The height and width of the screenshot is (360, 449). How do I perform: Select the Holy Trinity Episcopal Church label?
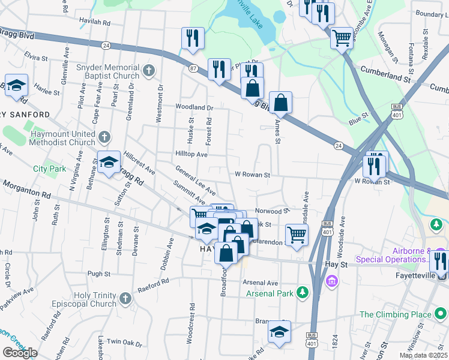pyautogui.click(x=95, y=299)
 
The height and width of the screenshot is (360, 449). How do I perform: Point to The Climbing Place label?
pyautogui.click(x=403, y=314)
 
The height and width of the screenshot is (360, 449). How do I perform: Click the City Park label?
pyautogui.click(x=49, y=169)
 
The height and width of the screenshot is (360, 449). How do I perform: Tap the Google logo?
pyautogui.click(x=20, y=353)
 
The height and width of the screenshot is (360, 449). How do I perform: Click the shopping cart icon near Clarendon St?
pyautogui.click(x=297, y=235)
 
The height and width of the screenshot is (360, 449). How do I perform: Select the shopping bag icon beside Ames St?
pyautogui.click(x=280, y=103)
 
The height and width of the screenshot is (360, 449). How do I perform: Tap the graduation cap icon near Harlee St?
pyautogui.click(x=17, y=85)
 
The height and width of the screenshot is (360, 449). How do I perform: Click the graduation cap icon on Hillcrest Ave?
pyautogui.click(x=109, y=162)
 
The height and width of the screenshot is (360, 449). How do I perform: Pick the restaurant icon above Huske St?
pyautogui.click(x=193, y=38)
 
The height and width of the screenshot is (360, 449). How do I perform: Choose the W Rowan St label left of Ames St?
pyautogui.click(x=253, y=175)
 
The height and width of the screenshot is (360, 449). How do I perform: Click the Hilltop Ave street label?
pyautogui.click(x=191, y=154)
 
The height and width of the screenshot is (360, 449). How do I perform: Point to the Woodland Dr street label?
pyautogui.click(x=194, y=107)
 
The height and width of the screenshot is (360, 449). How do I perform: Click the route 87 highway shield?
pyautogui.click(x=193, y=68)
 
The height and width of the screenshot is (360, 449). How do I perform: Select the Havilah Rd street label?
pyautogui.click(x=95, y=22)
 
